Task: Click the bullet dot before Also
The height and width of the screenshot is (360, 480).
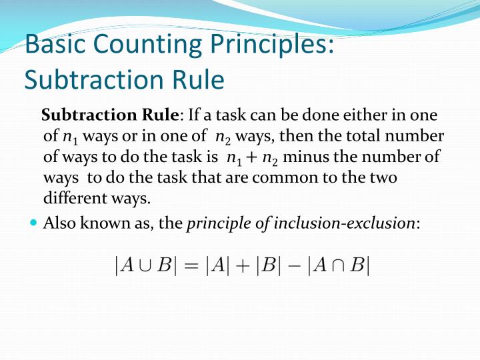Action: tap(34, 222)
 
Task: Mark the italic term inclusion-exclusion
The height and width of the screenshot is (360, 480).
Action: tap(346, 223)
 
